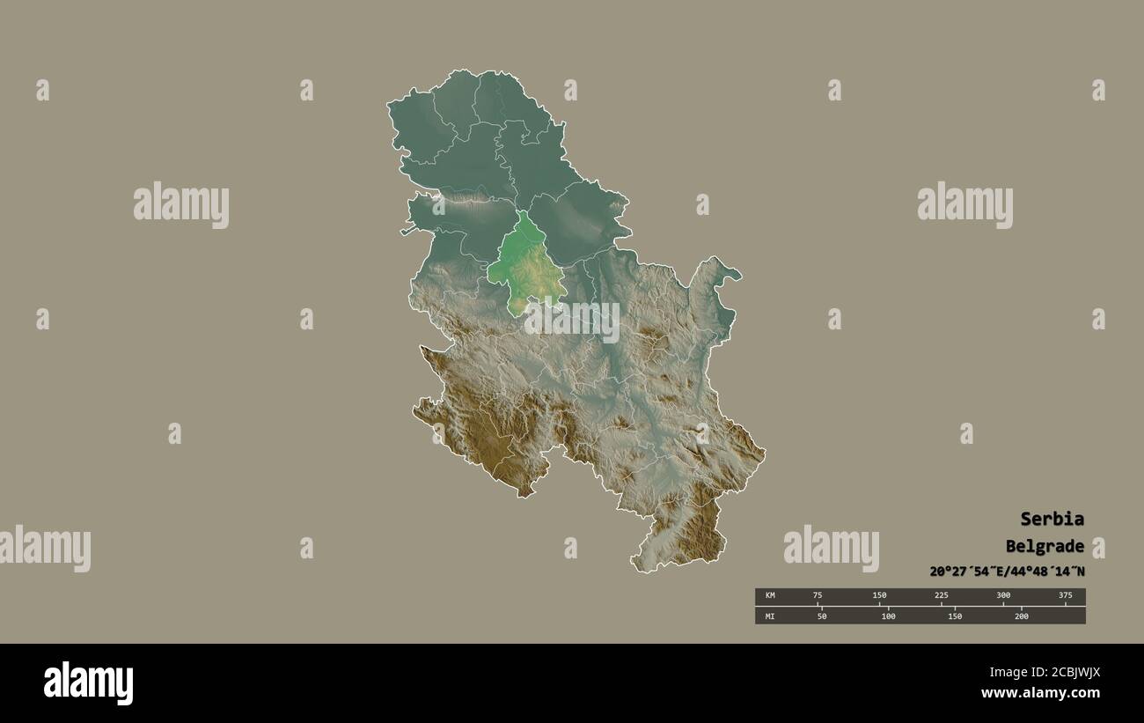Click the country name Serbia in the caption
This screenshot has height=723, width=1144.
1052,519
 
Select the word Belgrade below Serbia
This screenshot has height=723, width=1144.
1045,546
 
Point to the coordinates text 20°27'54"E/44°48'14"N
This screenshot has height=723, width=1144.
1007,572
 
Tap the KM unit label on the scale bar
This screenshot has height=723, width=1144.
770,596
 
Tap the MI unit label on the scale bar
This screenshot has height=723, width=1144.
770,616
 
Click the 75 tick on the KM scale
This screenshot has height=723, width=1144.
818,596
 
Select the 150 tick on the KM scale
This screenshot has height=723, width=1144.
879,596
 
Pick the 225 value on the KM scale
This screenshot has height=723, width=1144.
941,596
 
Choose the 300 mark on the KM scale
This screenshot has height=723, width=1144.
1003,596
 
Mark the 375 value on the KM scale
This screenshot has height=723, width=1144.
1065,596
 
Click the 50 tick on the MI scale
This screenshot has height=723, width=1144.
822,616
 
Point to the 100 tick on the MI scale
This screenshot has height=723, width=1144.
888,616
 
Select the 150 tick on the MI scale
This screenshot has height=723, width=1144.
955,616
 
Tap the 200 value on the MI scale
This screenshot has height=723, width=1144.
1021,616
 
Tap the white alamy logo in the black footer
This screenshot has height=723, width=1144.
88,683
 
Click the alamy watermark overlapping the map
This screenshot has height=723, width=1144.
572,321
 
